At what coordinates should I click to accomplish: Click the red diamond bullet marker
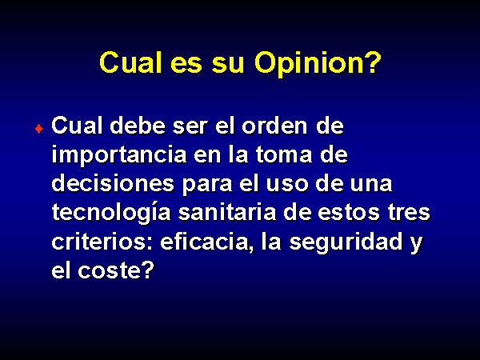(x=39, y=129)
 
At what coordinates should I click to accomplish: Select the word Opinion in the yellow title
(x=306, y=64)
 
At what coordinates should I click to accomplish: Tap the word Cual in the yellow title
(x=130, y=62)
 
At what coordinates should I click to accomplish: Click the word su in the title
(x=228, y=66)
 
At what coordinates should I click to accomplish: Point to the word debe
(x=138, y=126)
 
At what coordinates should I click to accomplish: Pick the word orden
(x=274, y=126)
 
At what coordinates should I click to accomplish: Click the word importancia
(x=119, y=155)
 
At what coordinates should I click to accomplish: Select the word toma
(x=284, y=155)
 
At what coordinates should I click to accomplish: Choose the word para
(x=207, y=186)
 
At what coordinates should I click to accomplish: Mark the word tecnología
(x=111, y=213)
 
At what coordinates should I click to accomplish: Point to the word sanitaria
(x=227, y=213)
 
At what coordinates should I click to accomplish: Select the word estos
(x=349, y=213)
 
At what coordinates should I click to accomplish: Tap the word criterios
(x=102, y=242)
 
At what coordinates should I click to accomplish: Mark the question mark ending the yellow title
(x=372, y=62)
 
